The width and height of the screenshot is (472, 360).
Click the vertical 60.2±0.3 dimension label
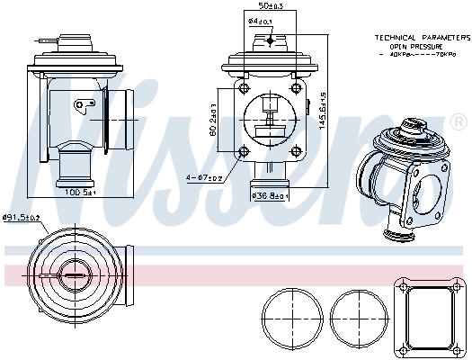pyautogui.click(x=213, y=121)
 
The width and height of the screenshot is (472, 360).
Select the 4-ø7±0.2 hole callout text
pyautogui.click(x=204, y=177)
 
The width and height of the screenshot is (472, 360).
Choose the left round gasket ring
pyautogui.click(x=292, y=319)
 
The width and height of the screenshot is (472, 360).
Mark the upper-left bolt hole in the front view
pyautogui.click(x=242, y=87)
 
